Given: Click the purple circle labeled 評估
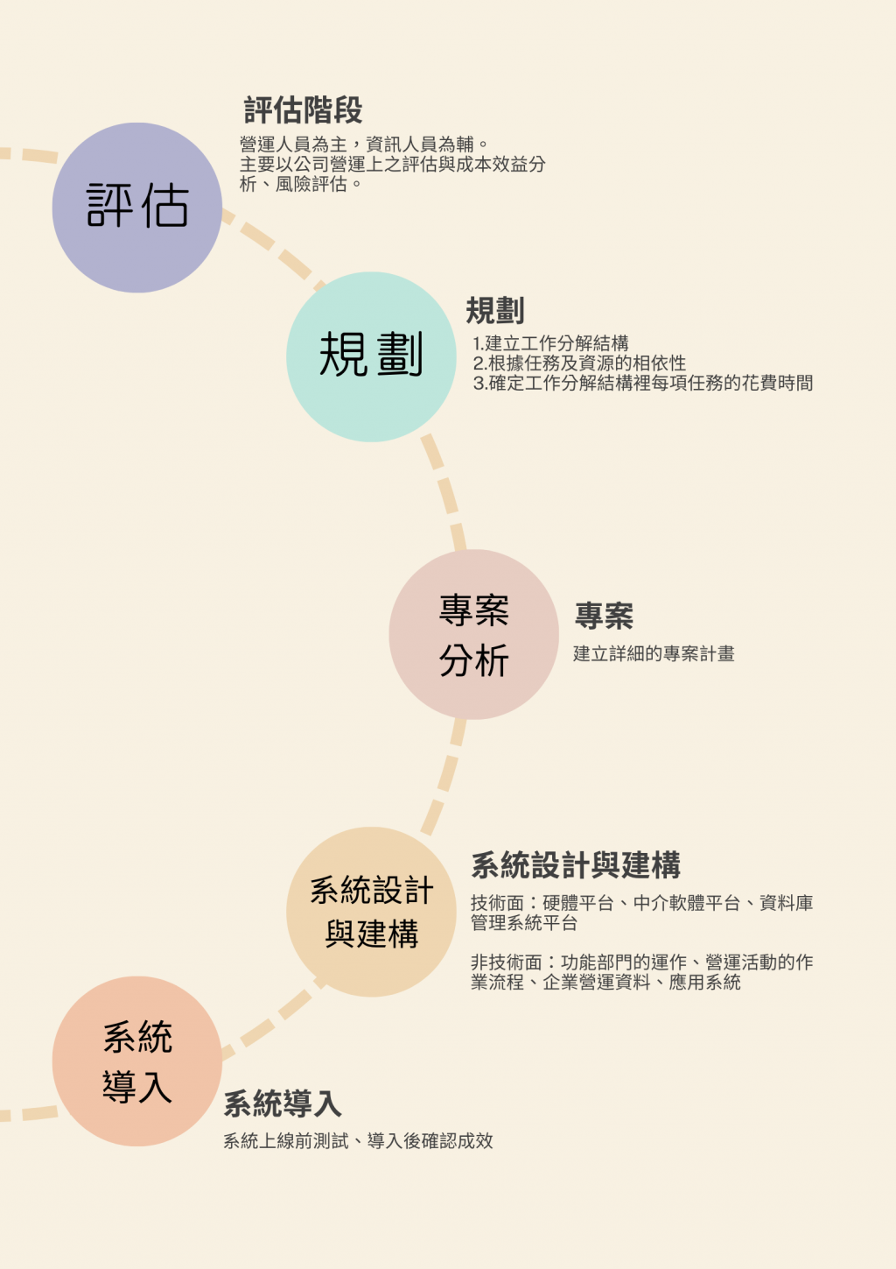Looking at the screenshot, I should pyautogui.click(x=137, y=208).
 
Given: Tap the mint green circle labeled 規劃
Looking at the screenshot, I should pyautogui.click(x=371, y=356).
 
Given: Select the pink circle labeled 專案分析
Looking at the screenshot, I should pyautogui.click(x=473, y=634).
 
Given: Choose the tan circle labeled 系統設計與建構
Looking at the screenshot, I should pyautogui.click(x=371, y=912).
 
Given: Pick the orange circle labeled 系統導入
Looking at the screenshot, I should pyautogui.click(x=137, y=1061).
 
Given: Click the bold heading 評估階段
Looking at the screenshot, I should pyautogui.click(x=303, y=110).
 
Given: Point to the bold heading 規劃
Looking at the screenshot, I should pyautogui.click(x=495, y=311).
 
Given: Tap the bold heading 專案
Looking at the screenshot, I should pyautogui.click(x=604, y=616).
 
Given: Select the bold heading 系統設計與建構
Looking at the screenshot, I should pyautogui.click(x=576, y=865).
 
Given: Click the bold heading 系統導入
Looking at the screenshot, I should pyautogui.click(x=283, y=1103).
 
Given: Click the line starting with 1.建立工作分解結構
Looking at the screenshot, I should pyautogui.click(x=550, y=343).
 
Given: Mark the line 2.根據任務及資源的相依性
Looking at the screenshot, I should pyautogui.click(x=579, y=363).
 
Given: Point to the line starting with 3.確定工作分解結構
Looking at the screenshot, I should pyautogui.click(x=643, y=383).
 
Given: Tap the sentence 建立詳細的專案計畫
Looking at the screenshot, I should pyautogui.click(x=654, y=653).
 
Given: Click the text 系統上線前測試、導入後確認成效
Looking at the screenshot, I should pyautogui.click(x=358, y=1141).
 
